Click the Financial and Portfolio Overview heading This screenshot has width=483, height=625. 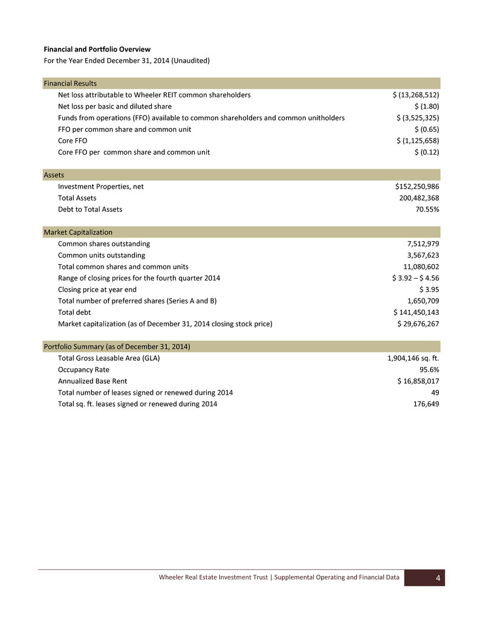tap(97, 49)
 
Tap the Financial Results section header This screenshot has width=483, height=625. tap(70, 83)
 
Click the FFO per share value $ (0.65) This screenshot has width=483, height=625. tap(426, 129)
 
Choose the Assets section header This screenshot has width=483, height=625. tap(54, 175)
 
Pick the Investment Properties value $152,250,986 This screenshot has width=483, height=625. tap(417, 187)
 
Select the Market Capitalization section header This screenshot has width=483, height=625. tap(78, 233)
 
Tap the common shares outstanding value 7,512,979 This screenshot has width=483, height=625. tap(423, 244)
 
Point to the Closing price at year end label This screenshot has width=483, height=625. tap(97, 290)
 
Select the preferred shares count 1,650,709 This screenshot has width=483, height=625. tap(423, 301)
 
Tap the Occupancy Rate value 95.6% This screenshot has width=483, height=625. tap(429, 369)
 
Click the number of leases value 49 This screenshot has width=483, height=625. tap(434, 392)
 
